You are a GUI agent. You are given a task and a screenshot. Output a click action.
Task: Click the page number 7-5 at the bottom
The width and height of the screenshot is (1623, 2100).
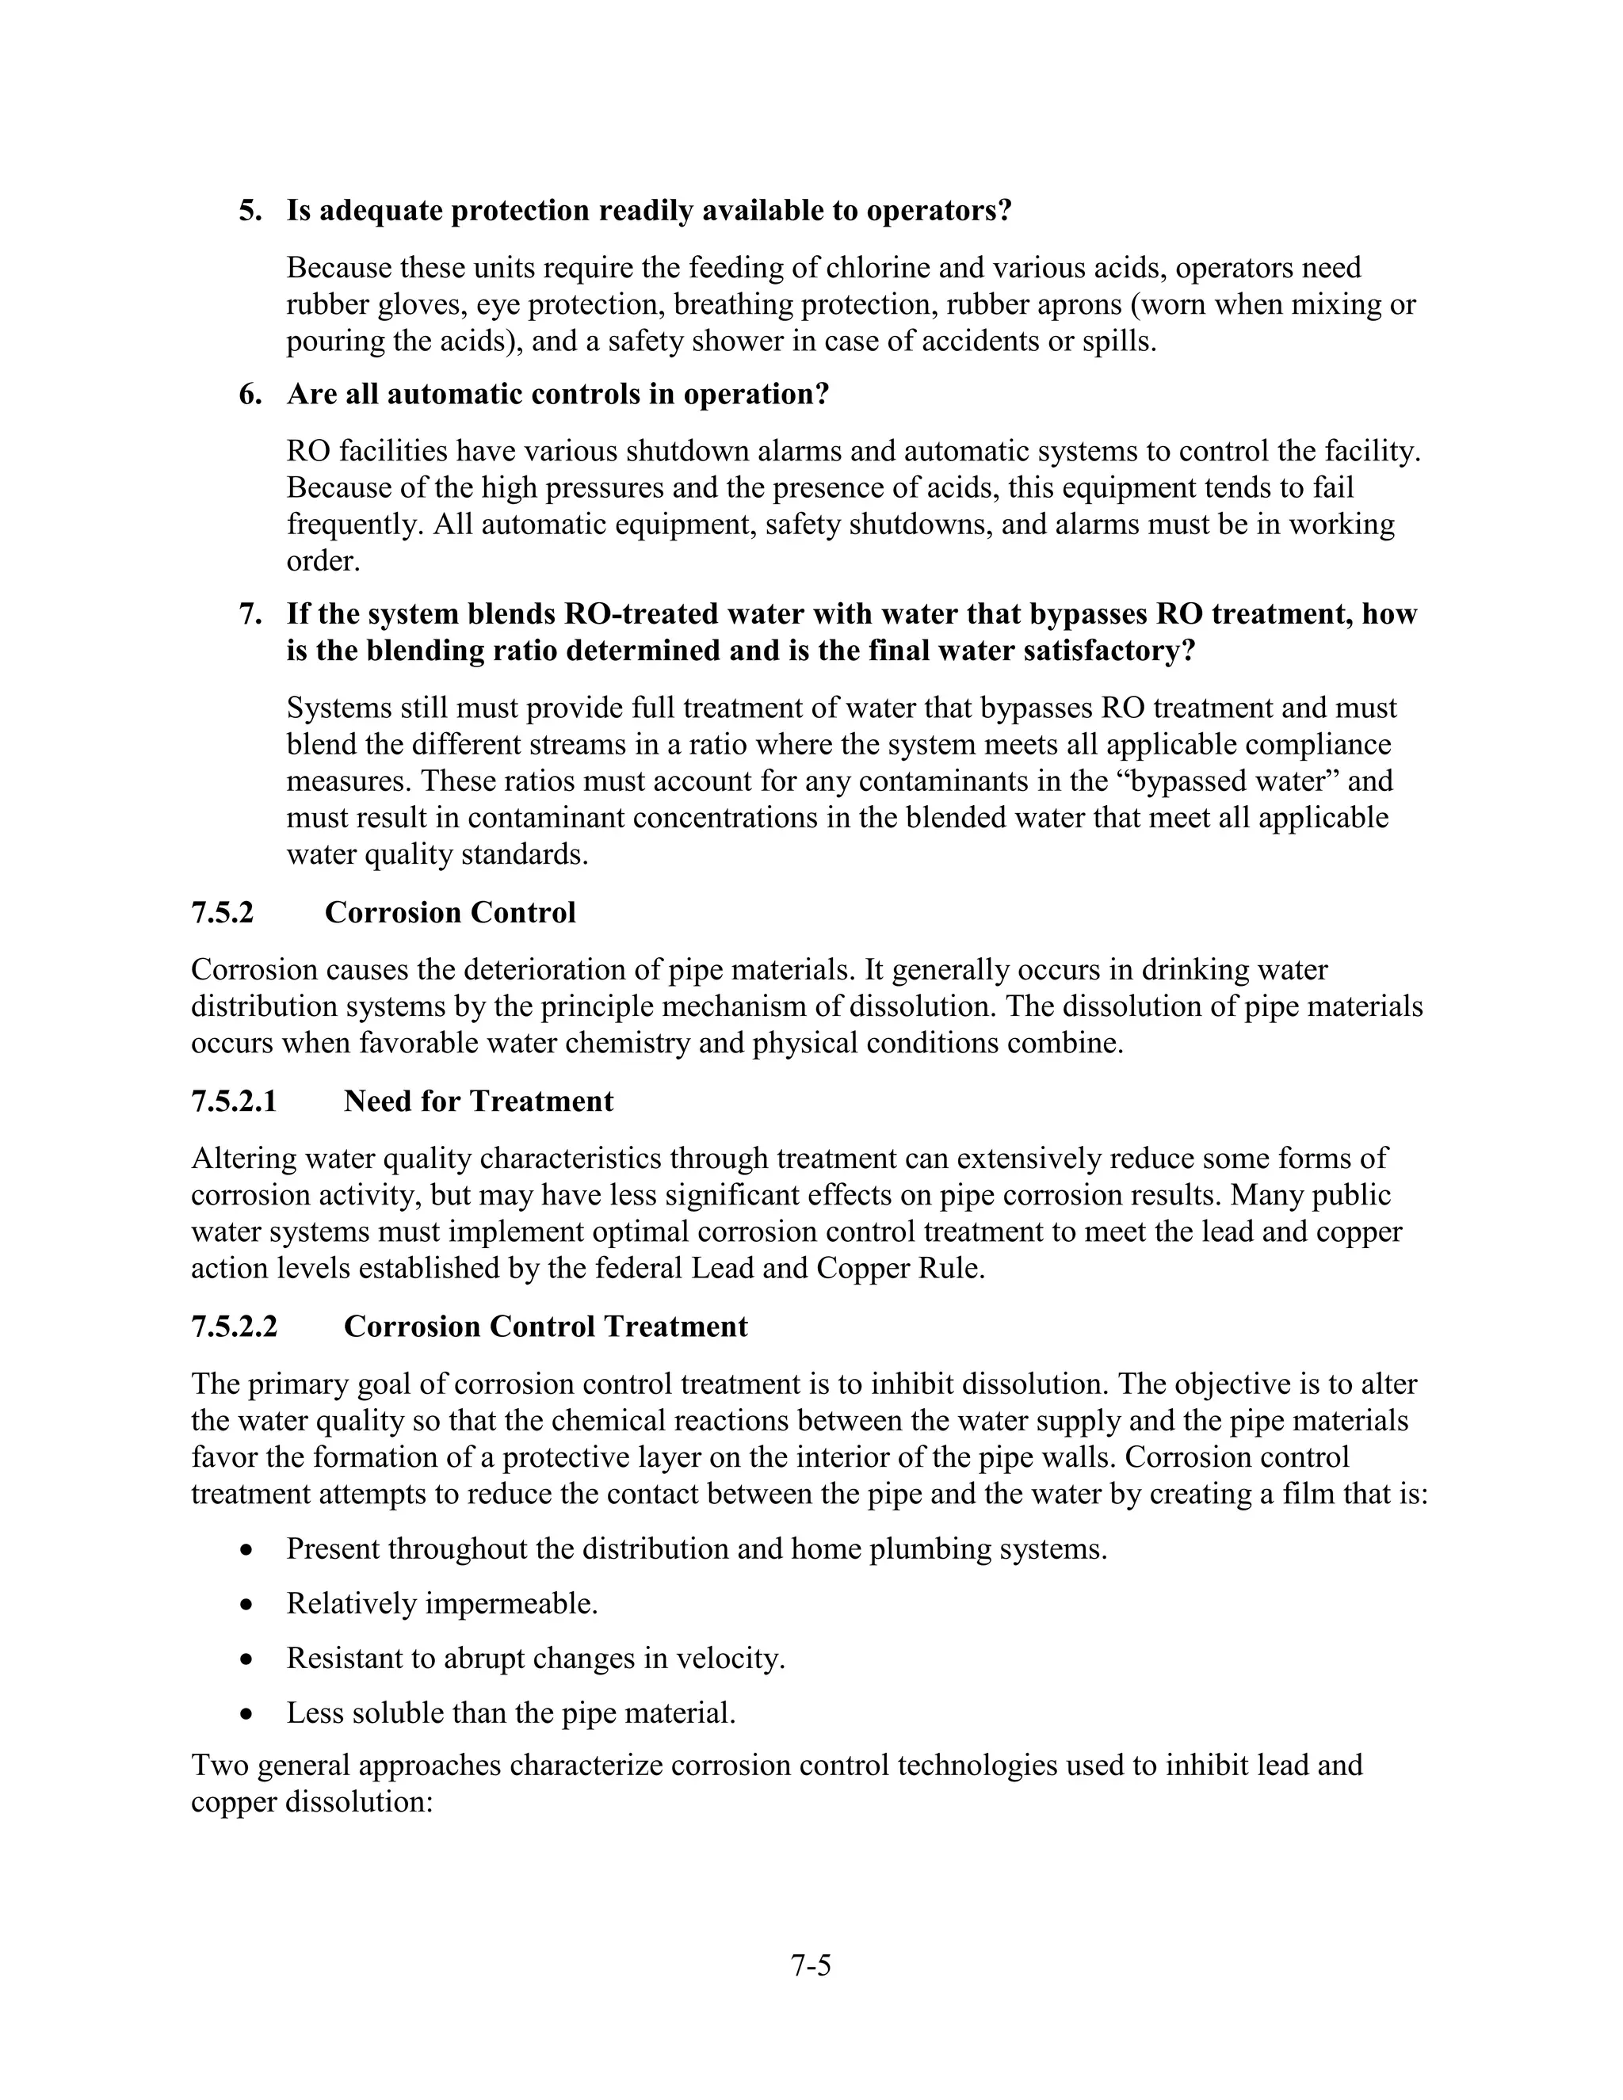811,1965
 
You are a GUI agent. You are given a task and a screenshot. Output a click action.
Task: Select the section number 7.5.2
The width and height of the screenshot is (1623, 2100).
222,912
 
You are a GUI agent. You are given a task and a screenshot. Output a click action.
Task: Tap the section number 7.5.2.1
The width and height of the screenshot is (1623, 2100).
234,1101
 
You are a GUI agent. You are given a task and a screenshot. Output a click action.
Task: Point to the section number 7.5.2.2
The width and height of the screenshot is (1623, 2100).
234,1327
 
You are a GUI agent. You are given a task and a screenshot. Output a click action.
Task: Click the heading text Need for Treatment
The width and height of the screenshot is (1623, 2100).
478,1101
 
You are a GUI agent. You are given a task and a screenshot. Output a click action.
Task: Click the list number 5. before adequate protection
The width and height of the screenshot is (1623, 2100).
250,211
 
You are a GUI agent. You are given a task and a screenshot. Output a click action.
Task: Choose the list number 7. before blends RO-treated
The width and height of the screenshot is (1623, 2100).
250,614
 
